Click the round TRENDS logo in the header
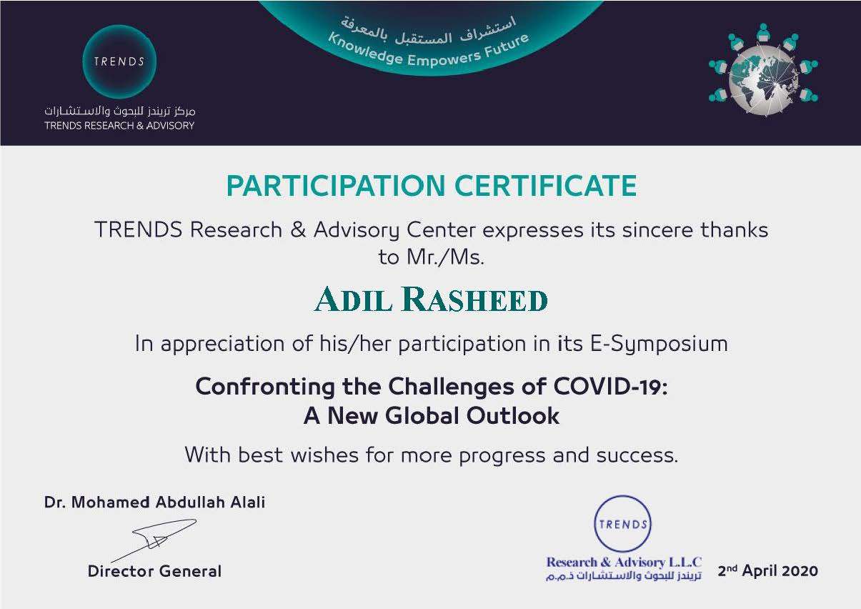tap(119, 61)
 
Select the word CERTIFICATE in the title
tap(546, 186)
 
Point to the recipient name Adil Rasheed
tap(431, 299)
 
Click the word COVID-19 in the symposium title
tap(611, 386)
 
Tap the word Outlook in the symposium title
tap(513, 415)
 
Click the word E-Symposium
tap(659, 344)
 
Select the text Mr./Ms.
tap(445, 257)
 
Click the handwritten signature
tap(154, 540)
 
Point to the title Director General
tap(154, 571)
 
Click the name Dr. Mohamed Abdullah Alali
tap(154, 502)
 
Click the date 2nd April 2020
tap(768, 570)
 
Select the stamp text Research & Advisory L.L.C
tap(624, 562)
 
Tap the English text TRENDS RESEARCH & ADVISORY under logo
tap(119, 126)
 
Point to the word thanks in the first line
tap(734, 230)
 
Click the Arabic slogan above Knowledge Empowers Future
tap(429, 31)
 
